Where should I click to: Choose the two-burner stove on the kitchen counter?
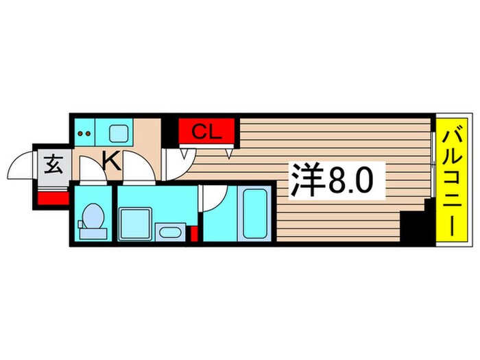click(85, 132)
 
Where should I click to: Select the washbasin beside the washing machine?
click(169, 230)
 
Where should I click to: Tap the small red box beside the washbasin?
click(194, 235)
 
